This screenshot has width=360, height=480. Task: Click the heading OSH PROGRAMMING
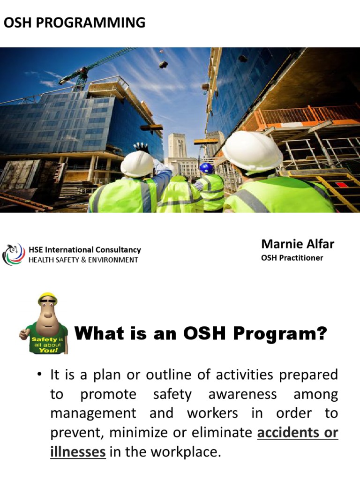tap(74, 22)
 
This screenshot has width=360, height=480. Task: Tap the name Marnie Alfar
tap(297, 244)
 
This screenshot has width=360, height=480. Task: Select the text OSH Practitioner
tap(292, 258)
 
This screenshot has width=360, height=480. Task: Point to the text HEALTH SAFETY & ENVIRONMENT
tap(83, 260)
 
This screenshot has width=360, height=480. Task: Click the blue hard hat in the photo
tap(206, 168)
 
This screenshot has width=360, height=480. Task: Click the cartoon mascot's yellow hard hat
tap(47, 298)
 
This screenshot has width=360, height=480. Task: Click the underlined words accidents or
tap(298, 432)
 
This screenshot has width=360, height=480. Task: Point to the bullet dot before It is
tap(41, 375)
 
